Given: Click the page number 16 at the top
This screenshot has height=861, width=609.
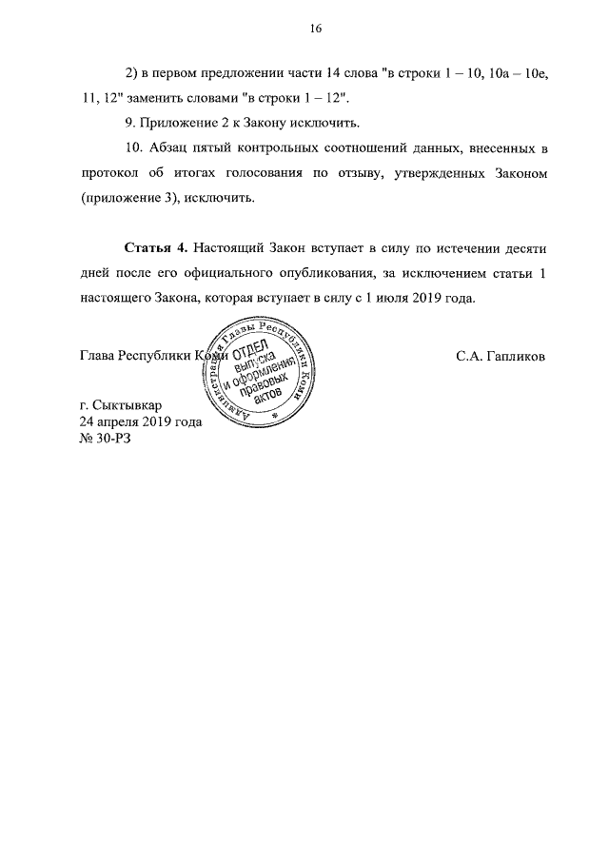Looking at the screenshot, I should [x=316, y=29].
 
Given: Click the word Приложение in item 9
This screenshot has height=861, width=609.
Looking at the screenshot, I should [x=183, y=123].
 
